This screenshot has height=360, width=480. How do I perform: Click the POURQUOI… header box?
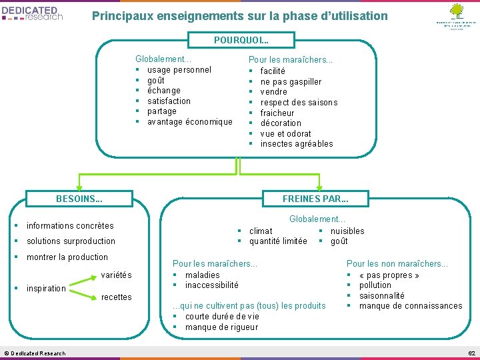coord(240,40)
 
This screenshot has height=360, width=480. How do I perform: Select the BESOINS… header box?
coord(79,198)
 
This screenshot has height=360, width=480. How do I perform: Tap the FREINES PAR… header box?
coord(315,198)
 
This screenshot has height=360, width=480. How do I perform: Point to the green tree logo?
coord(456,11)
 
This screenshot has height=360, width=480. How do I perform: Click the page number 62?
coord(471,353)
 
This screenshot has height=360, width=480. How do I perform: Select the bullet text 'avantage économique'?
coord(189,121)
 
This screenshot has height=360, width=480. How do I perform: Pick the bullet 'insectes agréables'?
coord(297,143)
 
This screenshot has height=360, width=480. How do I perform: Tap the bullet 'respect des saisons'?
coord(299,102)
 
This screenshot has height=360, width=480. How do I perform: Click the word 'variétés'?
coord(116,275)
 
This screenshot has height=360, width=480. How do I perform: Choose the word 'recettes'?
coord(116,297)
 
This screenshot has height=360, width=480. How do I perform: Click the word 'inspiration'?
coord(46,288)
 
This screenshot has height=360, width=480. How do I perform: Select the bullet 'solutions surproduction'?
coord(71,241)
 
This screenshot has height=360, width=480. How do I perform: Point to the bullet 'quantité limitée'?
coord(278,241)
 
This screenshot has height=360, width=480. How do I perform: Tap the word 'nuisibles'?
coord(347,231)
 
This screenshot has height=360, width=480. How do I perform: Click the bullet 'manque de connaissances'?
coord(410,305)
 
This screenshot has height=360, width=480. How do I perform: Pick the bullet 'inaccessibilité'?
coord(211,285)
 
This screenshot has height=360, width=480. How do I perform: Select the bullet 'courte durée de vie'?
coord(222,316)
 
